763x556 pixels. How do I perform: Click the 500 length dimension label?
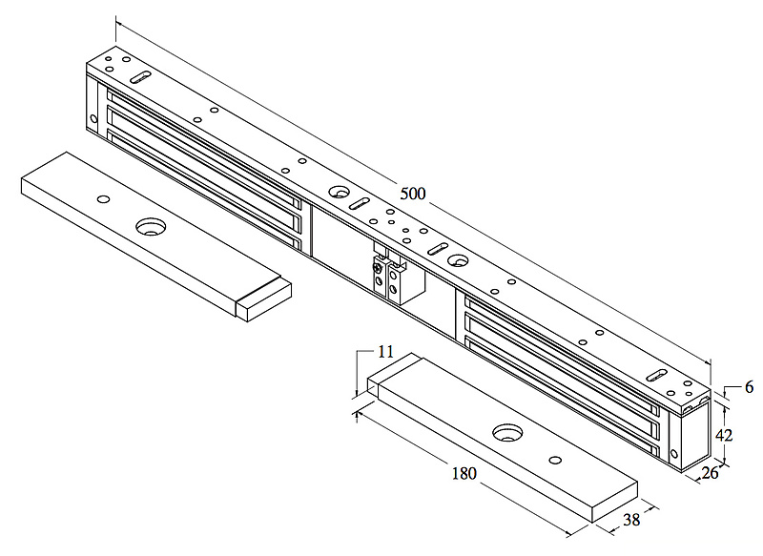[x=413, y=194]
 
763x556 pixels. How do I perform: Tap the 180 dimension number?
[x=464, y=473]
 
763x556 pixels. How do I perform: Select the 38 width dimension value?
[x=631, y=520]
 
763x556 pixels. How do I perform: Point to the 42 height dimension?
[x=724, y=435]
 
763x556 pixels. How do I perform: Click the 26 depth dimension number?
[x=710, y=473]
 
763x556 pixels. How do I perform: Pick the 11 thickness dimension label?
[x=385, y=352]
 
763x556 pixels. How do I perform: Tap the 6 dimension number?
[x=749, y=387]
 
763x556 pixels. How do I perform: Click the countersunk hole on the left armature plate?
[x=151, y=227]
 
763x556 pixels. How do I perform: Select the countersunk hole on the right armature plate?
[x=508, y=432]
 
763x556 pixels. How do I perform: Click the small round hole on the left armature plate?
[x=103, y=199]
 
